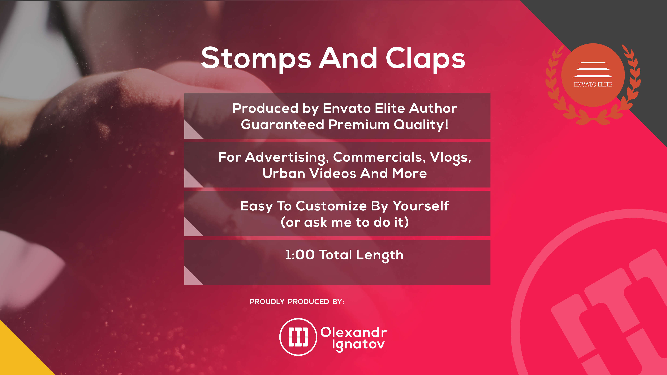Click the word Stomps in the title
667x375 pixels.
pyautogui.click(x=256, y=58)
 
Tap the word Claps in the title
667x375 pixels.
pyautogui.click(x=425, y=58)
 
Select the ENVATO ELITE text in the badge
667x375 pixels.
pyautogui.click(x=593, y=84)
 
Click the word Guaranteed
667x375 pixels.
pyautogui.click(x=283, y=125)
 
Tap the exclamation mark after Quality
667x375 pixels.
pyautogui.click(x=446, y=124)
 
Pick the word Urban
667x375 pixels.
pyautogui.click(x=284, y=173)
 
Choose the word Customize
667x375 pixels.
pyautogui.click(x=331, y=206)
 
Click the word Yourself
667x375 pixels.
pyautogui.click(x=421, y=206)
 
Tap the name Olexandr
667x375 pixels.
pyautogui.click(x=354, y=332)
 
